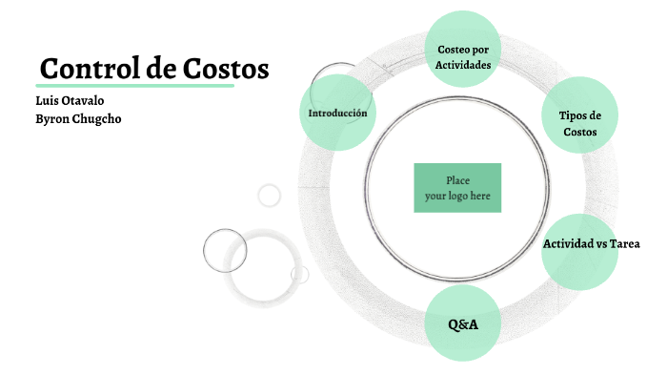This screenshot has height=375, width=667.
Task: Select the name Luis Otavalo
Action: click(70, 101)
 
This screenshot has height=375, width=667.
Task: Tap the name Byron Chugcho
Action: click(78, 118)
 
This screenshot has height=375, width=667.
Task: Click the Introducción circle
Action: click(337, 113)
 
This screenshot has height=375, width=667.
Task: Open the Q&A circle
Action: click(463, 324)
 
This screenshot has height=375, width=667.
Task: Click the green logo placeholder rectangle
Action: click(457, 188)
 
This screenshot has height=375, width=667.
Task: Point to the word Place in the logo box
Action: click(457, 180)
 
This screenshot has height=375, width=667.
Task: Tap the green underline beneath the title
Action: click(136, 86)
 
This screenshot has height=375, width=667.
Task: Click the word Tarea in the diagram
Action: click(626, 244)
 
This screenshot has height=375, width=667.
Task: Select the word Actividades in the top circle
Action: click(463, 65)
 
